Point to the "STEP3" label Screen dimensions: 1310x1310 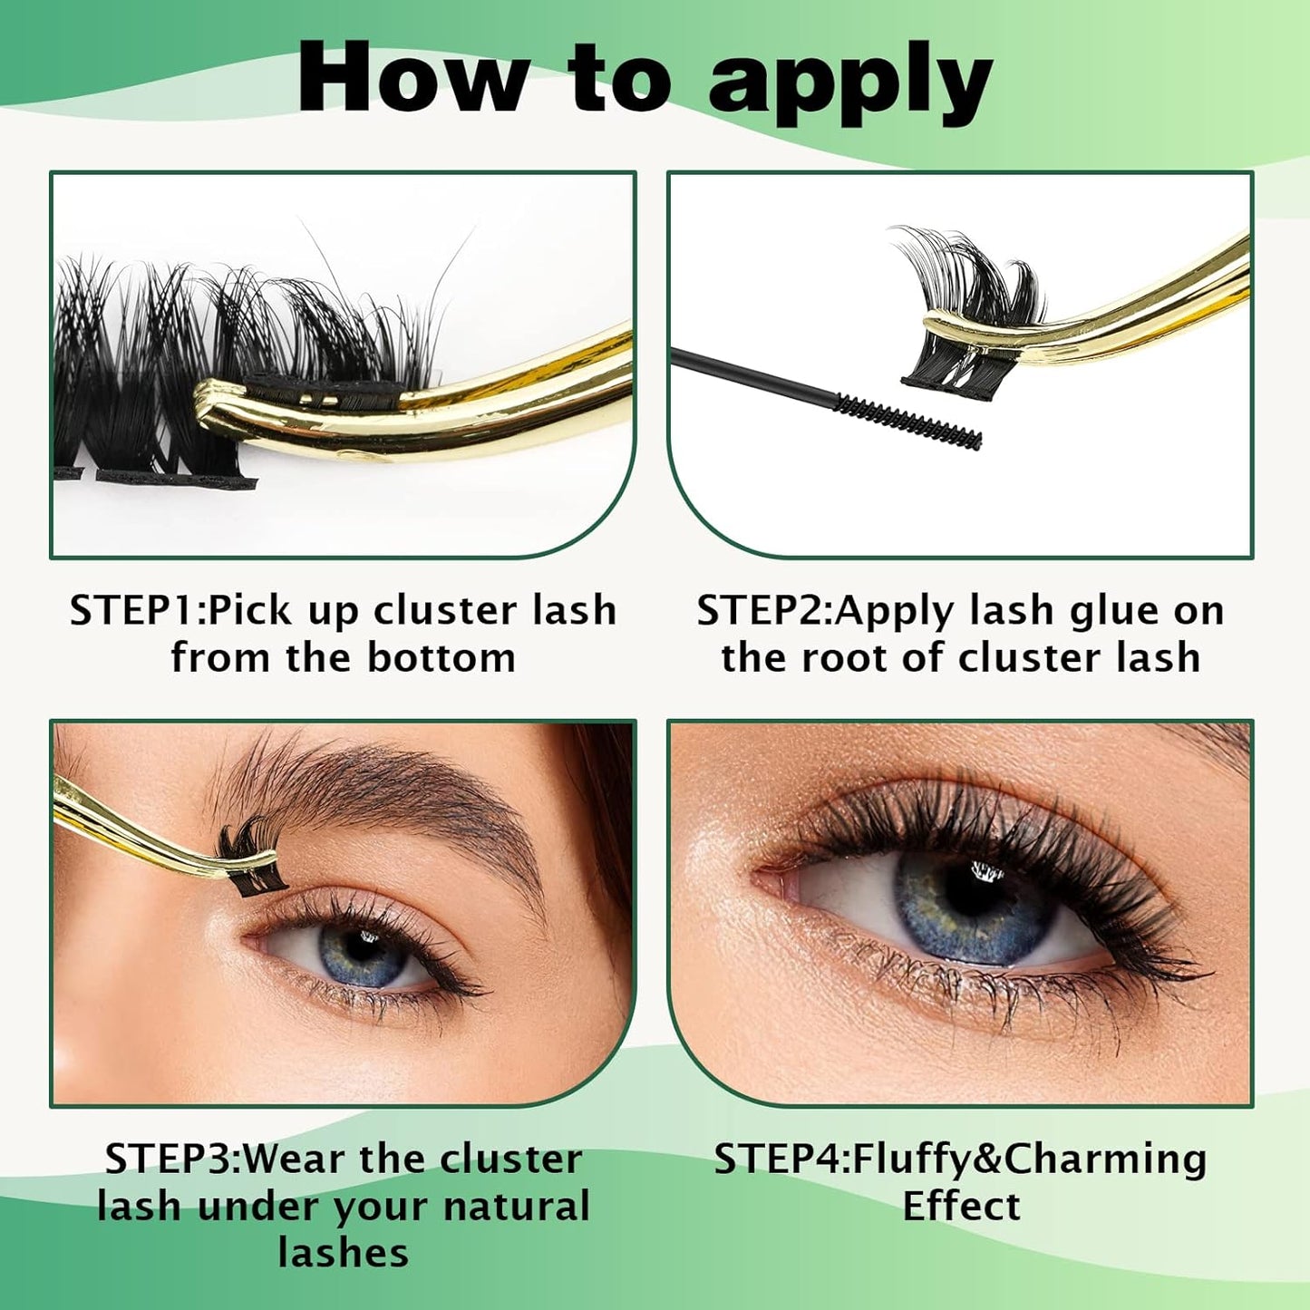pyautogui.click(x=171, y=1159)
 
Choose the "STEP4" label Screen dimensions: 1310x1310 pyautogui.click(x=781, y=1159)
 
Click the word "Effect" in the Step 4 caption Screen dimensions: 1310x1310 pyautogui.click(x=961, y=1207)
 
